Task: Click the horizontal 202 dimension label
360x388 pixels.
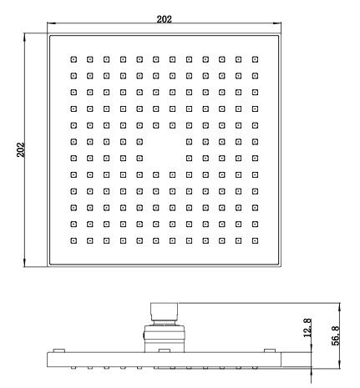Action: [x=164, y=19]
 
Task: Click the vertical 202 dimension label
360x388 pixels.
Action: [x=21, y=149]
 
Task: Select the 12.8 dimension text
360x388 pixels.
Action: [x=307, y=328]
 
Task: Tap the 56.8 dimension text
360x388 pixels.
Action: [x=336, y=335]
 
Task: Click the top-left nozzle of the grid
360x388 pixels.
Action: [x=74, y=59]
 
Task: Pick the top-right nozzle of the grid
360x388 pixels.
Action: [x=255, y=59]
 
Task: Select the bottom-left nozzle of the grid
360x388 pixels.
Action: [x=74, y=240]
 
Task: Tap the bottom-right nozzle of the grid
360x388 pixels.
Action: [x=255, y=240]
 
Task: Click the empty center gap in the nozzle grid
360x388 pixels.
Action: [x=165, y=150]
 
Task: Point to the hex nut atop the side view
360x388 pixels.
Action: [x=164, y=312]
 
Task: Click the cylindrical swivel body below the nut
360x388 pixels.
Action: [x=165, y=339]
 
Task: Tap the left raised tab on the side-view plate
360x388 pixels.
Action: [x=59, y=350]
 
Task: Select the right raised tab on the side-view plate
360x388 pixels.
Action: [x=270, y=350]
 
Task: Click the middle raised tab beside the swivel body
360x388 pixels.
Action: [x=165, y=350]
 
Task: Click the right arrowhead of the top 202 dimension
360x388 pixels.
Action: [x=277, y=23]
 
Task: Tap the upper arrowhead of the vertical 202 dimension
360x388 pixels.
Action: [x=25, y=37]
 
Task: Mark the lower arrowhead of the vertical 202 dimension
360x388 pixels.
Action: [x=25, y=263]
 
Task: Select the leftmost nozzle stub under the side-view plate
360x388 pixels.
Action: [x=74, y=368]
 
